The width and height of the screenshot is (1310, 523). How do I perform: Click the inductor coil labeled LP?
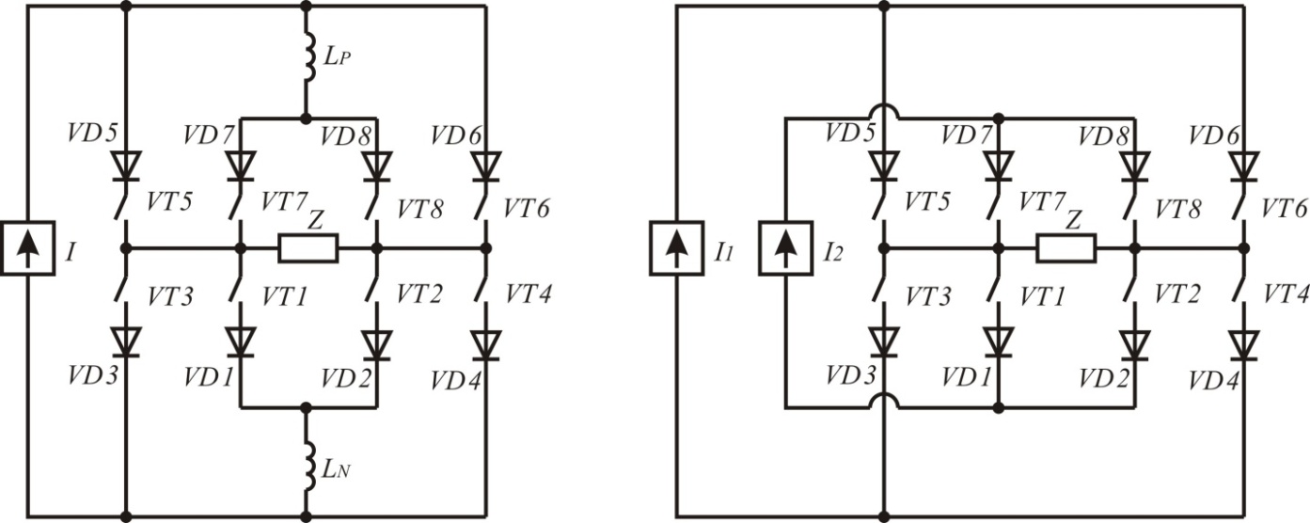point(308,56)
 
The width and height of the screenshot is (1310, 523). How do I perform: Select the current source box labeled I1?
point(677,248)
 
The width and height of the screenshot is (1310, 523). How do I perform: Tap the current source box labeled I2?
point(786,248)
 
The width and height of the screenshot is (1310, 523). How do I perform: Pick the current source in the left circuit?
point(27,248)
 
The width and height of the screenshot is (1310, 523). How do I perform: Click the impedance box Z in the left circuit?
point(308,248)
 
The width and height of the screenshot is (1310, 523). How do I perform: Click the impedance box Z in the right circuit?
point(1066,248)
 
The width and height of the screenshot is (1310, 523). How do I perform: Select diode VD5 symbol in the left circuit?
point(126,166)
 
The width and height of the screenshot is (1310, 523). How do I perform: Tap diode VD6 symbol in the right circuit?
point(1243,166)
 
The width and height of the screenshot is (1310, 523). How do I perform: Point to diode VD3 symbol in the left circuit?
point(126,342)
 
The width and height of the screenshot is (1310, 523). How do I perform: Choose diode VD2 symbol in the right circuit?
point(1134,345)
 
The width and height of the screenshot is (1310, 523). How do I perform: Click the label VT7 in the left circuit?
point(284,202)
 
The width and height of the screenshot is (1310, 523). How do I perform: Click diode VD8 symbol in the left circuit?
point(376,166)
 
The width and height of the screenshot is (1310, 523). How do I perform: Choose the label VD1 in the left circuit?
point(209,377)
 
